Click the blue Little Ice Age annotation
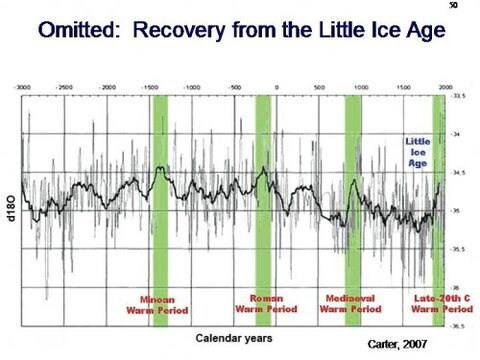tap(417, 156)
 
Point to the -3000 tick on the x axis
tap(22, 89)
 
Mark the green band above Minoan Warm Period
tap(159, 190)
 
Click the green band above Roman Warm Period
tap(264, 190)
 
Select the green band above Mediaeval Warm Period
tap(353, 190)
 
